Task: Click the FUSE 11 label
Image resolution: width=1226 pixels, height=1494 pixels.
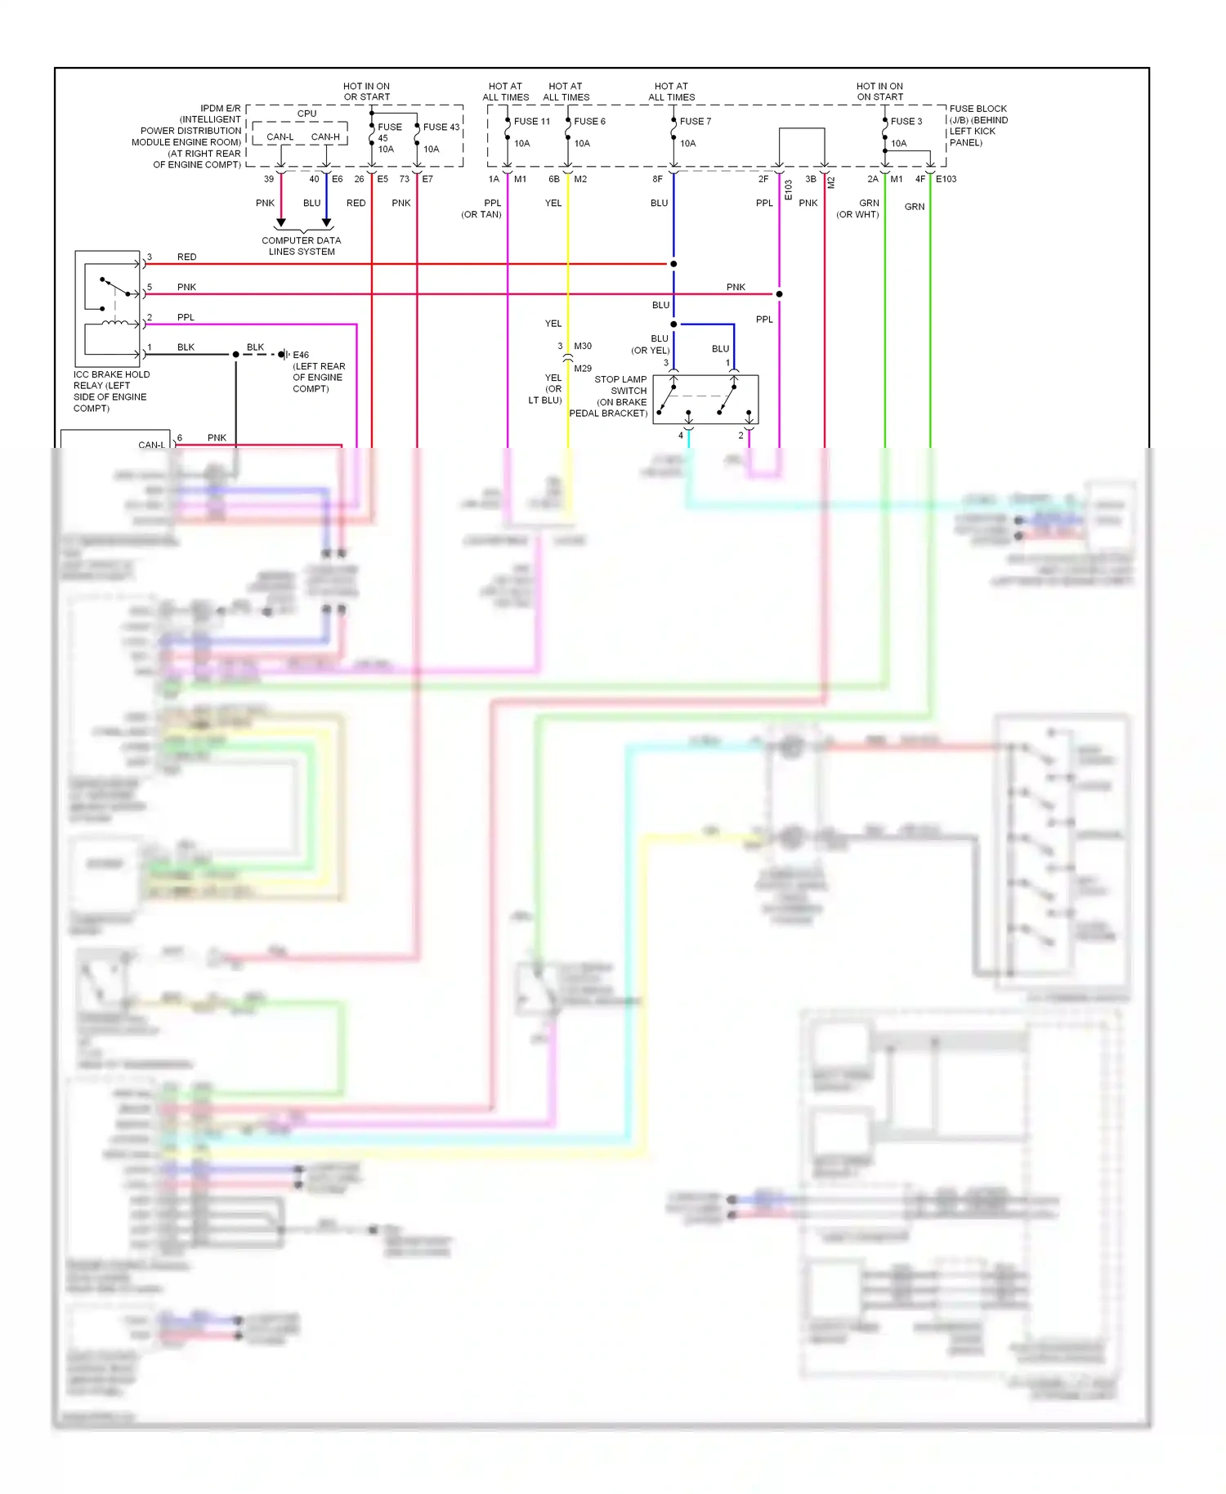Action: click(x=532, y=121)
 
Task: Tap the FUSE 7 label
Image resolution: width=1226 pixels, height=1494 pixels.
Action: click(x=696, y=121)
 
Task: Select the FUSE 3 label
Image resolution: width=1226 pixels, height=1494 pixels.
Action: click(x=906, y=121)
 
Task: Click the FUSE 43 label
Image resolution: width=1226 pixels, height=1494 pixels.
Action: click(x=441, y=127)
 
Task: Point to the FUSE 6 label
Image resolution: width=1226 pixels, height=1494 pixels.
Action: click(x=589, y=121)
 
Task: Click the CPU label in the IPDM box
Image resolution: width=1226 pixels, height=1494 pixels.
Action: click(x=306, y=114)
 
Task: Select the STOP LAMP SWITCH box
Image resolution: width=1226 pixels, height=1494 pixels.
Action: click(x=705, y=400)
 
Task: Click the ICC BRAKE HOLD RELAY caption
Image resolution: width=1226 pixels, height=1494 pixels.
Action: click(x=111, y=391)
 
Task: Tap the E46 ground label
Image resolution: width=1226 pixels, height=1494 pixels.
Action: click(x=301, y=355)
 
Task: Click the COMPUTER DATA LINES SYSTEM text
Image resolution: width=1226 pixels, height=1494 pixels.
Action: click(x=302, y=246)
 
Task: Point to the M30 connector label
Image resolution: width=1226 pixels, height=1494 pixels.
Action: click(x=583, y=346)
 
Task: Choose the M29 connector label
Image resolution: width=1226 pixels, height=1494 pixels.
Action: click(x=583, y=369)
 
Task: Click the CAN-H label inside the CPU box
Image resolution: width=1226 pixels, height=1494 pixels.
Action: click(x=325, y=136)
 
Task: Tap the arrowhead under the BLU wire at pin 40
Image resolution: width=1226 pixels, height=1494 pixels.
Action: click(x=326, y=222)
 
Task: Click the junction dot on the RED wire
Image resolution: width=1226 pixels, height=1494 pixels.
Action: click(x=673, y=264)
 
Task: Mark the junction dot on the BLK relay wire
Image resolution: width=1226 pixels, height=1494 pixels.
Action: click(x=235, y=354)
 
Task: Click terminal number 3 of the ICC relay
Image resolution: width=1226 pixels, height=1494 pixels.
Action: click(x=150, y=257)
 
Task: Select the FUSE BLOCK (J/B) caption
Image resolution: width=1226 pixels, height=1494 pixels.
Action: click(x=978, y=125)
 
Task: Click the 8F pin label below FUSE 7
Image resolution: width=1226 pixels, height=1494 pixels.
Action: click(x=657, y=179)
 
